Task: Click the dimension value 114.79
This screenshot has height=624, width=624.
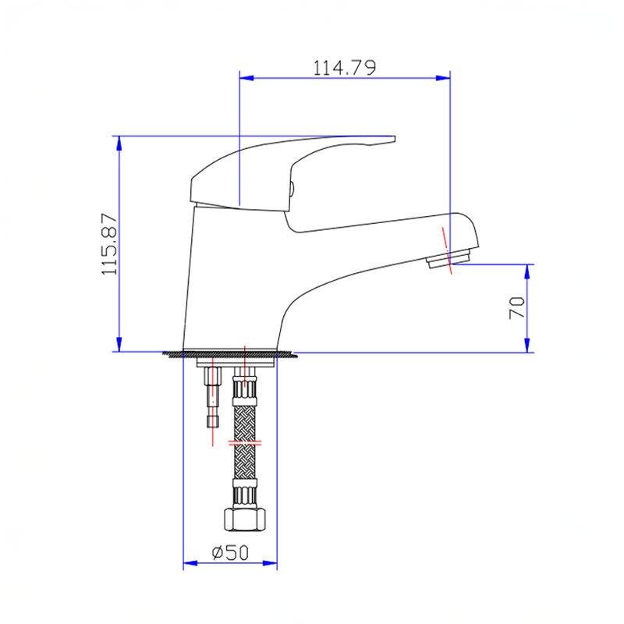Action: pos(344,68)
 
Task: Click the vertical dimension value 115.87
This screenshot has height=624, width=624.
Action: pos(109,243)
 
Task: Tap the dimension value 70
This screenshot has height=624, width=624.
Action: pos(517,307)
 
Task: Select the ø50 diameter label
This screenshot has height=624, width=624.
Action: pos(230,552)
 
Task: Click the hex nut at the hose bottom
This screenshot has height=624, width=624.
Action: pos(244,519)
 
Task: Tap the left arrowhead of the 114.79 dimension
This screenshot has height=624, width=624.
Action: pos(246,78)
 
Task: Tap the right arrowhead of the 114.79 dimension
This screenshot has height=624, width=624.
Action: pos(443,78)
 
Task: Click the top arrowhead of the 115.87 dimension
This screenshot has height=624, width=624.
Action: pos(119,144)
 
